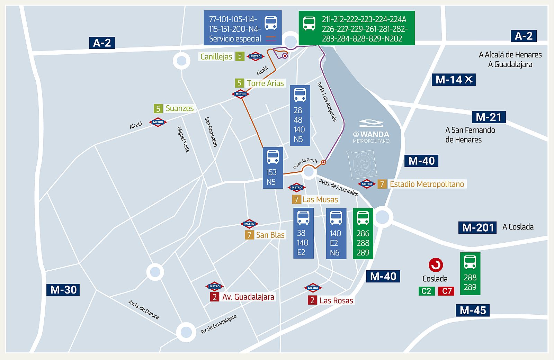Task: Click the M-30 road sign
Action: coord(63,290)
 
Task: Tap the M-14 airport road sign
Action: coord(454,80)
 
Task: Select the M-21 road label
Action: coord(489,117)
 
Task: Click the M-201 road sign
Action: coord(477,227)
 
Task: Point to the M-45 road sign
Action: coord(473,310)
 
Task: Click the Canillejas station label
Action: coord(216,56)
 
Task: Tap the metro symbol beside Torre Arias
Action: coord(241,94)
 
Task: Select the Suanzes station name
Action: coord(179,108)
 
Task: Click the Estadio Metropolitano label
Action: coord(427,184)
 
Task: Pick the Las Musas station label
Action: coord(320,199)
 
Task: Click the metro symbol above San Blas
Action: coord(249,224)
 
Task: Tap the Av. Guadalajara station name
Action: coord(248,297)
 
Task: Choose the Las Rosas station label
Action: coord(336,300)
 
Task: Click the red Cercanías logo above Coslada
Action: coord(436,265)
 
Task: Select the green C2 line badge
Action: coord(426,291)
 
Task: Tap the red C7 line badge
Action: coord(447,291)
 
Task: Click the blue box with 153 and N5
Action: coord(273,168)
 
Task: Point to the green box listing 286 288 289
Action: coord(363,234)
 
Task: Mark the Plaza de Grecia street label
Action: coord(305,163)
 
